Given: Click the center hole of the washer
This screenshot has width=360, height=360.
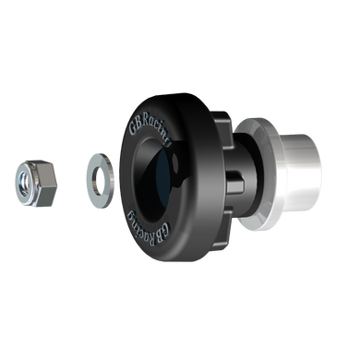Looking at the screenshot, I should pos(97,174).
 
